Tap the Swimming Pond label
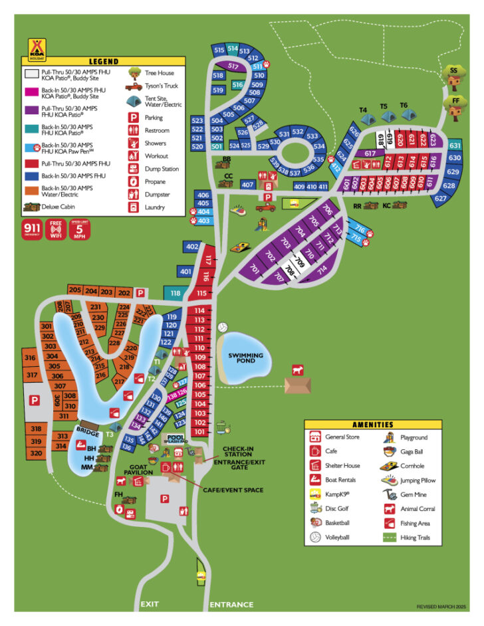coord(245,359)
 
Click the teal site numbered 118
coord(175,293)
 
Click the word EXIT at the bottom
coord(149,605)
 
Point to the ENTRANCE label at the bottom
coord(231,605)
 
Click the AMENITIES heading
coord(373,425)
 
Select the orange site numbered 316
coord(30,358)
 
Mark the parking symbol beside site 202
coord(140,292)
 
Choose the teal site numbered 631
coord(455,146)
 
